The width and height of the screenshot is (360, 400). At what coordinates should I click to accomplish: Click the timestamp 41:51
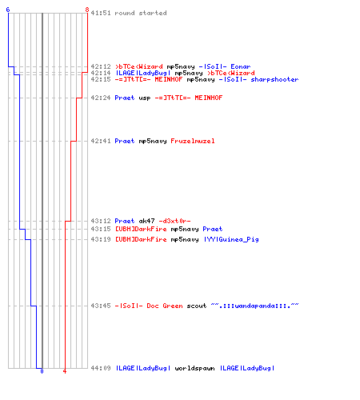(x=101, y=13)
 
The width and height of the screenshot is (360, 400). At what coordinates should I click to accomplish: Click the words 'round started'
(x=141, y=13)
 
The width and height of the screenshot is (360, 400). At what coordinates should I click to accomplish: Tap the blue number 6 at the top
(x=8, y=10)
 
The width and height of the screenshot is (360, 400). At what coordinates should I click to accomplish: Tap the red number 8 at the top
(x=87, y=10)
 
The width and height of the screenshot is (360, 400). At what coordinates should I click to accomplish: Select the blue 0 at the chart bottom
(x=42, y=371)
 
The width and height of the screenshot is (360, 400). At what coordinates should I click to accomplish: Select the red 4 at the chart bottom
(x=65, y=371)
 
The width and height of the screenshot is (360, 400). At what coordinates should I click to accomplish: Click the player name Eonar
(x=241, y=66)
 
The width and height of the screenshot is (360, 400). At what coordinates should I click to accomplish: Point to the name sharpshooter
(x=274, y=79)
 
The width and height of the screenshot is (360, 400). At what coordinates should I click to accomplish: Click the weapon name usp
(x=145, y=98)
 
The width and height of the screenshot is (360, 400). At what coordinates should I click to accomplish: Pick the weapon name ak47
(x=146, y=221)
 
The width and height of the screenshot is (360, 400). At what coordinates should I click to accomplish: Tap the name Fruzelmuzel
(x=193, y=141)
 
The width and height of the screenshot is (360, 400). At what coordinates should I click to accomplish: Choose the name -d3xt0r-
(x=174, y=221)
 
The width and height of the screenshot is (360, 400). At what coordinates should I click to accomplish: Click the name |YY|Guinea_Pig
(x=231, y=239)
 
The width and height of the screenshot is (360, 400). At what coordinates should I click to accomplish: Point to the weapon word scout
(x=197, y=306)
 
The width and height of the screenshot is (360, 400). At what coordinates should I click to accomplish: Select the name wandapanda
(x=254, y=306)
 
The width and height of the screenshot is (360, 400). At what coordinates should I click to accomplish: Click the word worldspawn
(x=194, y=368)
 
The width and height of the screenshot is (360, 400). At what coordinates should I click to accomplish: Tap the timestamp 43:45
(x=101, y=306)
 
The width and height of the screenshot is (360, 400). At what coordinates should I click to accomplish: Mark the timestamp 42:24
(x=101, y=98)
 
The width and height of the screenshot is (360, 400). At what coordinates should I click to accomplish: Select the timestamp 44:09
(x=101, y=368)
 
